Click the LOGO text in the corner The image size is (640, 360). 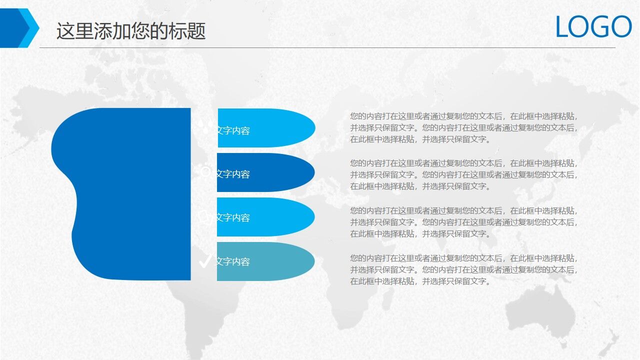pyautogui.click(x=593, y=27)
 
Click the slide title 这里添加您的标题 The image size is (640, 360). pyautogui.click(x=131, y=31)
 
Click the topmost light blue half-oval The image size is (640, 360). pyautogui.click(x=280, y=128)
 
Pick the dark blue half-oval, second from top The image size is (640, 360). pyautogui.click(x=280, y=172)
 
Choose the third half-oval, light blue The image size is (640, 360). pyautogui.click(x=280, y=217)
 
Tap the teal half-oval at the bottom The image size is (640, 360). pyautogui.click(x=280, y=261)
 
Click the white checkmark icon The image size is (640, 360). pyautogui.click(x=204, y=261)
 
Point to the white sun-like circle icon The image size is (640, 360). pyautogui.click(x=205, y=171)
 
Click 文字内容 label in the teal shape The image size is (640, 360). pyautogui.click(x=233, y=261)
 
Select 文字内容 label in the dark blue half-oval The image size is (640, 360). pyautogui.click(x=233, y=174)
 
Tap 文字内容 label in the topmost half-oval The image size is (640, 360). pyautogui.click(x=233, y=130)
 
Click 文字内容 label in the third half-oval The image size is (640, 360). pyautogui.click(x=233, y=217)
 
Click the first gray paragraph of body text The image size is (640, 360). pyautogui.click(x=464, y=127)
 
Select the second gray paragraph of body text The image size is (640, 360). pyautogui.click(x=464, y=174)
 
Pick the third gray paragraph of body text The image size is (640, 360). pyautogui.click(x=464, y=222)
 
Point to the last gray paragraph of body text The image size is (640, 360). pyautogui.click(x=464, y=269)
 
